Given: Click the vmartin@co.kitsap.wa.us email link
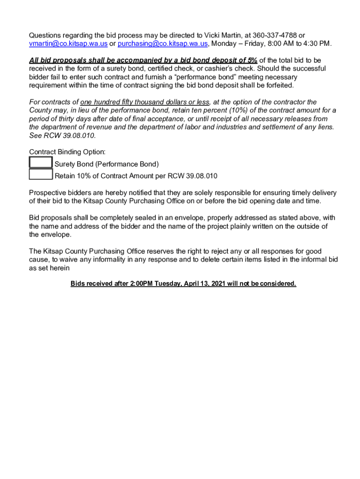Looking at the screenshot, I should pos(68,44).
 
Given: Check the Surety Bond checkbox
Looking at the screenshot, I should pos(41,163).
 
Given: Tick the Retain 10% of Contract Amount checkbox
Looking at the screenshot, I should pos(41,174).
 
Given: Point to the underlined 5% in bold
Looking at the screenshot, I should pos(252,60).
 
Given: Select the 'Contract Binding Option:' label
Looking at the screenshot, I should pos(67,152).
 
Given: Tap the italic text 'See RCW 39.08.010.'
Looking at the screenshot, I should pos(62,136).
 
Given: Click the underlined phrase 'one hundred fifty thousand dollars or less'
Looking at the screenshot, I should pos(145,102).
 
